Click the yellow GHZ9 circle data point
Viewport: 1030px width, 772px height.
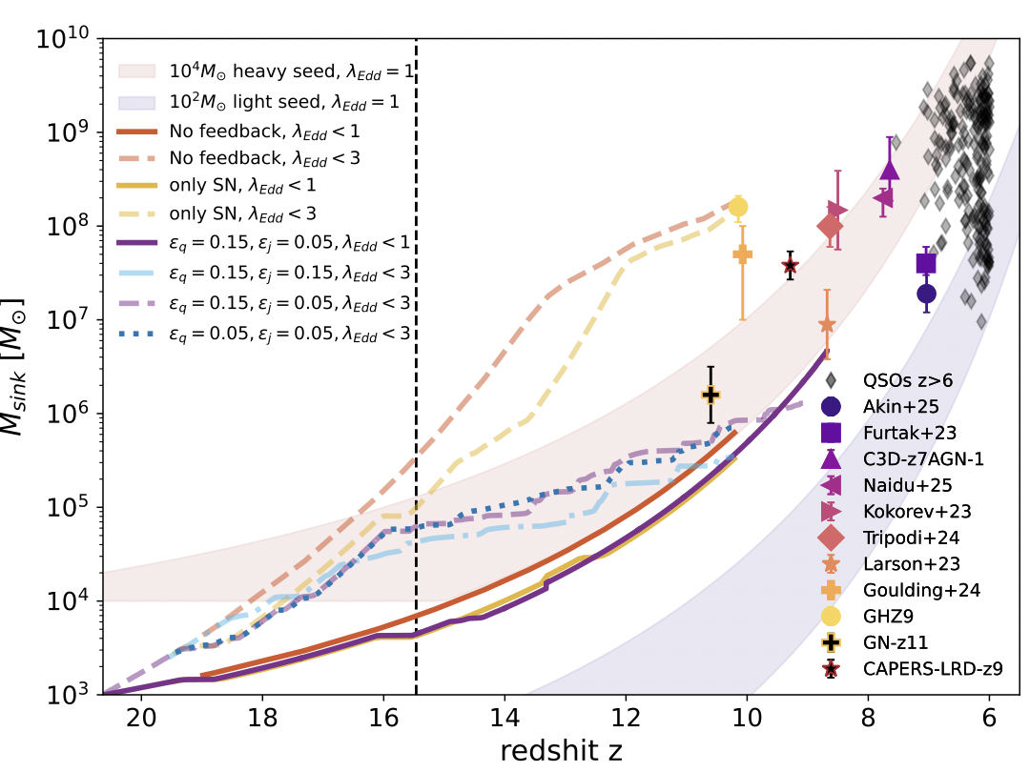737,207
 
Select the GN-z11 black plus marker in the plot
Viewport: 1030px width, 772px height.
711,394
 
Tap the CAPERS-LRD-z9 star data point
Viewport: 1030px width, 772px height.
790,265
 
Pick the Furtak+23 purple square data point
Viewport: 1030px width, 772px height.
926,263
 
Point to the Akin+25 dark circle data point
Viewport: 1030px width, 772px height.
926,293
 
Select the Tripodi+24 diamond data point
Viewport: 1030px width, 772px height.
830,226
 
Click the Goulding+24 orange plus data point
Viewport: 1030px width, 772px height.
742,254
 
